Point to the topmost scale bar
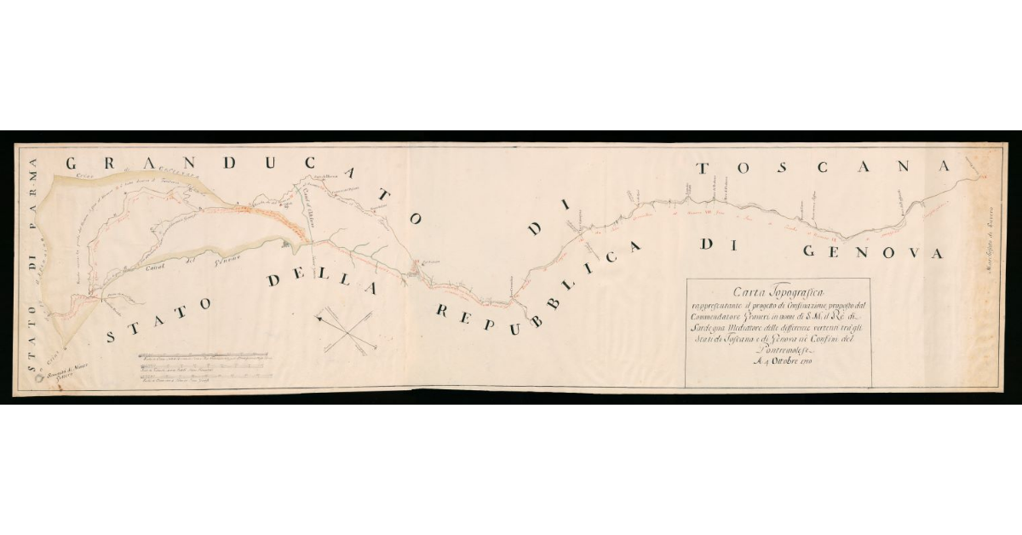tap(203, 354)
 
